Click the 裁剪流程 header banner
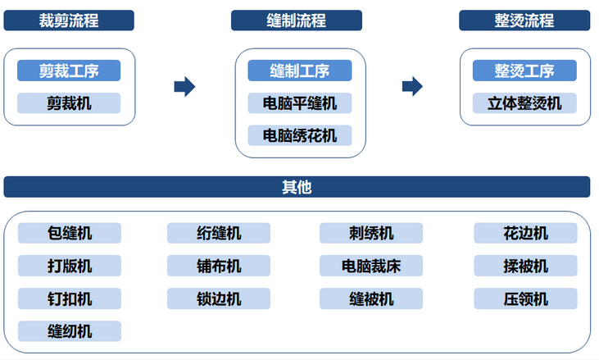click(69, 21)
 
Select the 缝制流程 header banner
click(297, 21)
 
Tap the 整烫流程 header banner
click(524, 21)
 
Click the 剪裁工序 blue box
click(69, 71)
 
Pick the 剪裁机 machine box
click(69, 103)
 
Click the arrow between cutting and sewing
click(184, 87)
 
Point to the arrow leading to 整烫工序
click(412, 87)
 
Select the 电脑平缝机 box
click(300, 103)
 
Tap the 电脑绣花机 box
click(300, 135)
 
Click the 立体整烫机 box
click(524, 103)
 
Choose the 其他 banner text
click(297, 187)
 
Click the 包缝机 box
click(70, 233)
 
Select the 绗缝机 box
click(219, 233)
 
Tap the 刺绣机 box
click(371, 233)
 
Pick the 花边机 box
click(525, 233)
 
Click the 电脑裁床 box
click(371, 266)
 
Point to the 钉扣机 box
click(70, 298)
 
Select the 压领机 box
click(525, 298)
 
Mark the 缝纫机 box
click(70, 331)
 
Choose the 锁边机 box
click(219, 298)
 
